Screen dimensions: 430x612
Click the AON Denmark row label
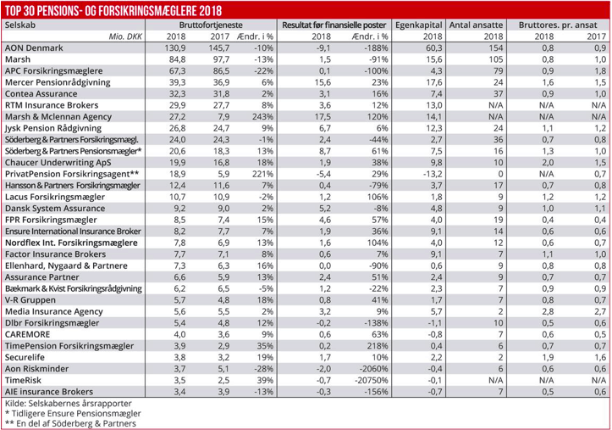33,49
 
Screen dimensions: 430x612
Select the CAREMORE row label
30,338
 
